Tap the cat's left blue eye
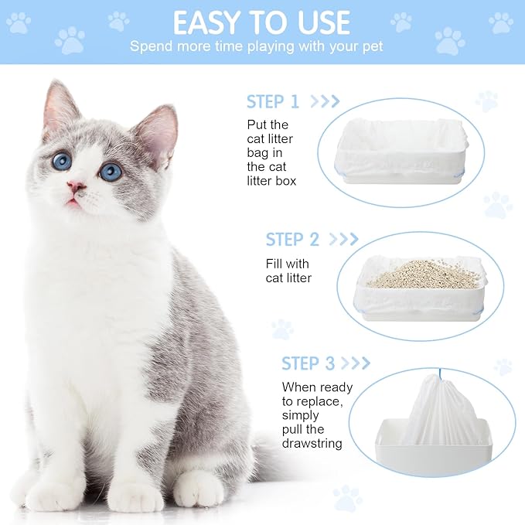(62, 161)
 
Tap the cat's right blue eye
(111, 171)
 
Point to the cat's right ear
(159, 131)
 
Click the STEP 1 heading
(272, 101)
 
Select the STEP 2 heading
(292, 240)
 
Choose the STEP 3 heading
(308, 363)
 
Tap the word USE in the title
(319, 22)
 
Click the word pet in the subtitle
(372, 46)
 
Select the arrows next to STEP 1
(325, 101)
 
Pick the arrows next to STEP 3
(356, 363)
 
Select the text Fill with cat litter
(288, 271)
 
